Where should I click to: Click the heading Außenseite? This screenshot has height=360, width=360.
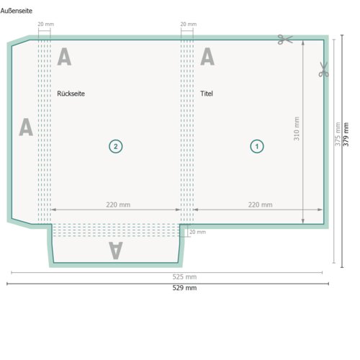pos(17,11)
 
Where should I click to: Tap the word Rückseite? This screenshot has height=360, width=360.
pos(71,94)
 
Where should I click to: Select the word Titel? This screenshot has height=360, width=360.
pos(207,94)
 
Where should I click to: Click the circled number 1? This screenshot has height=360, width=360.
pos(257,146)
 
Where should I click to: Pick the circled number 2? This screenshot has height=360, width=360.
pos(116,146)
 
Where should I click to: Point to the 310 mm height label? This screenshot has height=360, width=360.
pos(297,129)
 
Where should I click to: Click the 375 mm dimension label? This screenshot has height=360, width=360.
pos(338,134)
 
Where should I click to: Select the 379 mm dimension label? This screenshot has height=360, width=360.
pos(346,134)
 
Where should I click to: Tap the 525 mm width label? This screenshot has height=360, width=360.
pos(184,276)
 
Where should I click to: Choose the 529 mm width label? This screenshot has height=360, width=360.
pos(184,287)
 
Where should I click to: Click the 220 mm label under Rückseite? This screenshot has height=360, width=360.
pos(118,204)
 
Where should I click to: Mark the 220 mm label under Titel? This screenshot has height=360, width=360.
pos(260,204)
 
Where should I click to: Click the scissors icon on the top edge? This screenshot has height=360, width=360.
pos(285,40)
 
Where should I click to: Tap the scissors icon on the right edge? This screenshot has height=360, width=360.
pos(323,69)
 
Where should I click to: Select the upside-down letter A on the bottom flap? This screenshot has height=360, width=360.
pos(116,251)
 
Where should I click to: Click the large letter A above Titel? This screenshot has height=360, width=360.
pos(207,56)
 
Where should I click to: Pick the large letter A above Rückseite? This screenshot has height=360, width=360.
pos(64,56)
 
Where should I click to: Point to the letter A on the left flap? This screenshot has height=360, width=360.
pos(26,127)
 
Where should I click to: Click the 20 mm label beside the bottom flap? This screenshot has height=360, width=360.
pos(197,232)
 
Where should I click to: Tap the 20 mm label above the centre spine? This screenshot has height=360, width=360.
pos(189,24)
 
